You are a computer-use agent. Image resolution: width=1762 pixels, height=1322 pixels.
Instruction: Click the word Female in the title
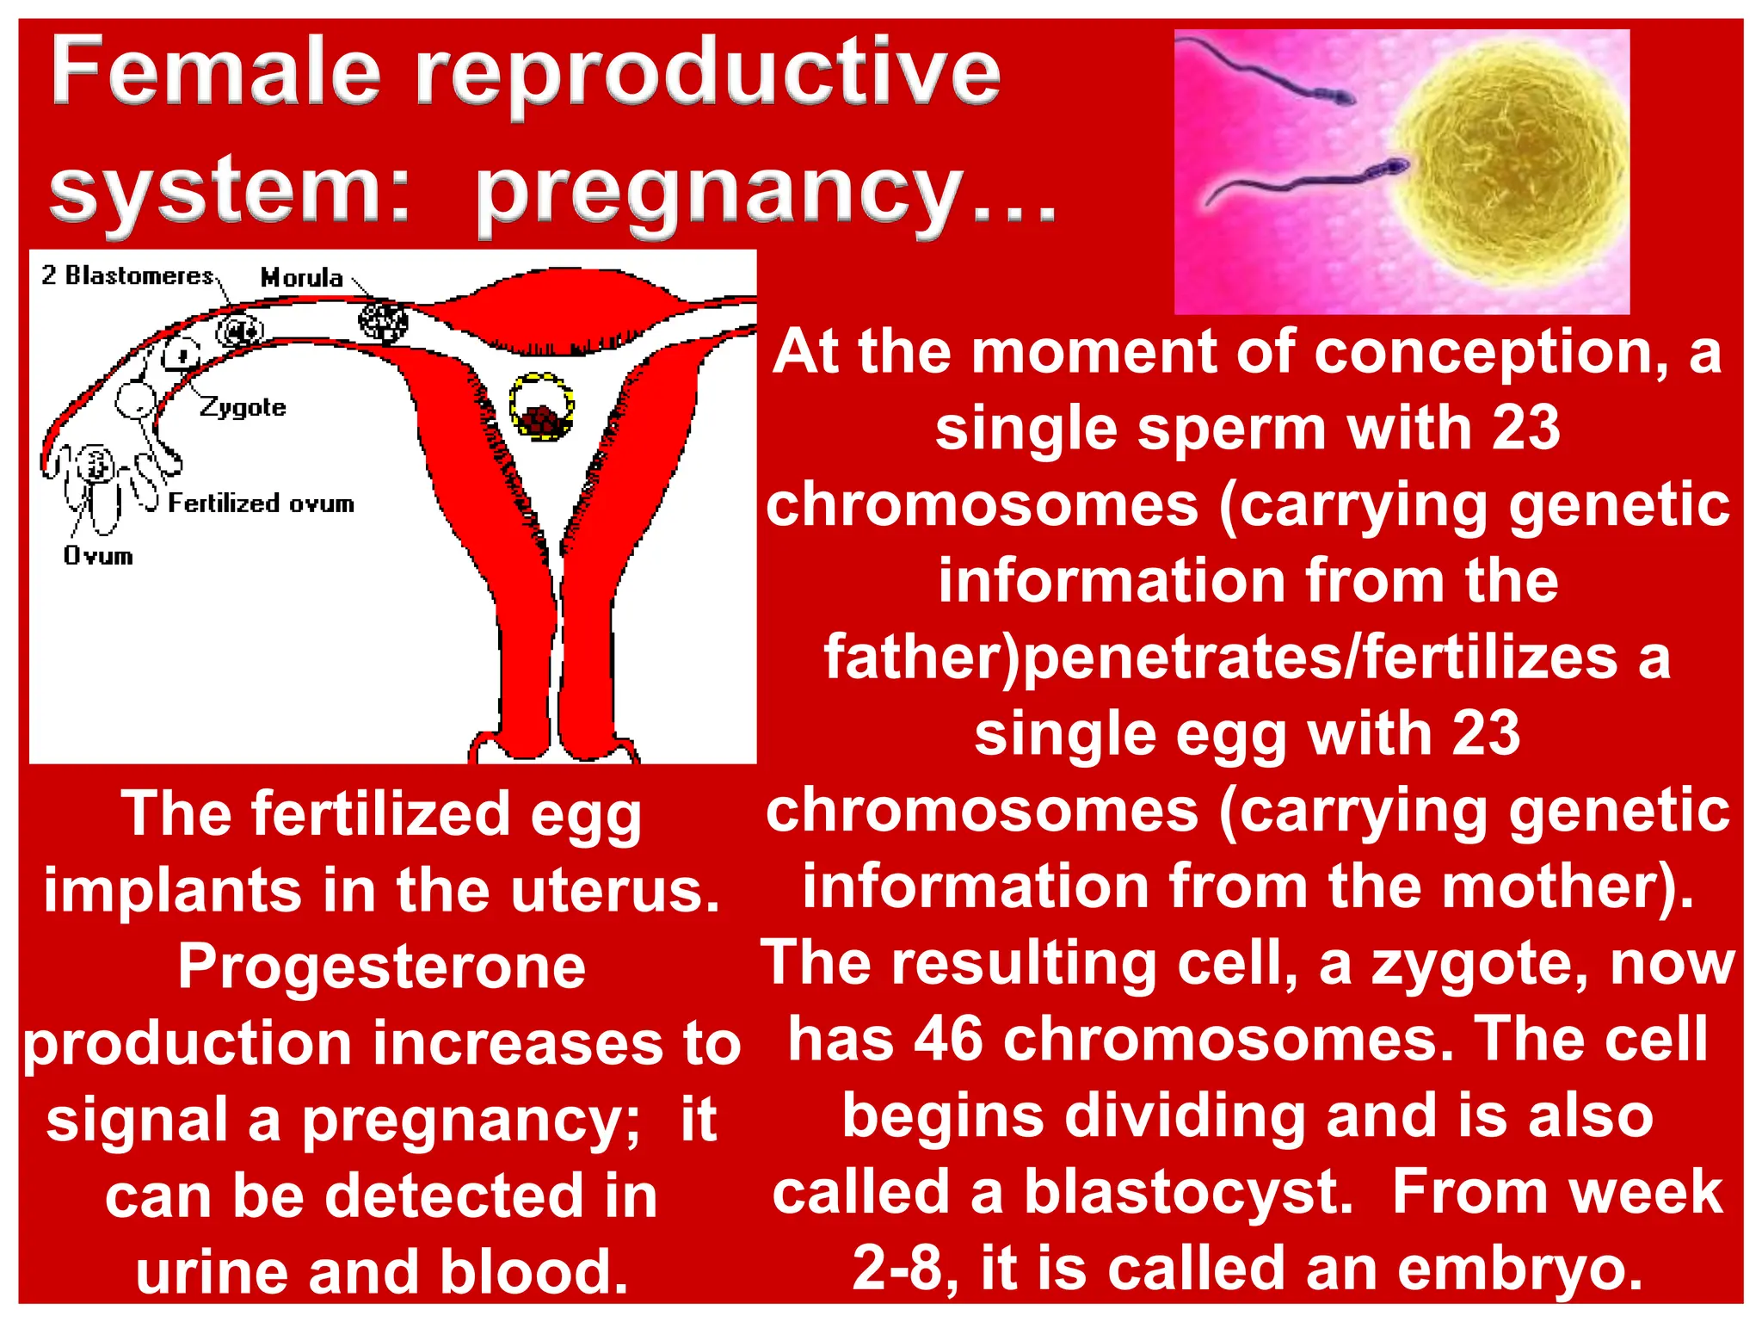pos(215,73)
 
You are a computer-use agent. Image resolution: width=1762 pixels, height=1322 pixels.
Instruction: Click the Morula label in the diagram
pos(301,278)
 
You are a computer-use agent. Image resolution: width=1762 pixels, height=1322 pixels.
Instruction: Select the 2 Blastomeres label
pos(127,275)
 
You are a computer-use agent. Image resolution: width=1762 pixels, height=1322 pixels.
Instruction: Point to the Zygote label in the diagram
pos(243,407)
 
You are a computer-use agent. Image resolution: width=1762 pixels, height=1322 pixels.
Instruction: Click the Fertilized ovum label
pos(261,503)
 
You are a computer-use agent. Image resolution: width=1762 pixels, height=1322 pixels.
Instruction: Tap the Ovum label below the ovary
pos(98,556)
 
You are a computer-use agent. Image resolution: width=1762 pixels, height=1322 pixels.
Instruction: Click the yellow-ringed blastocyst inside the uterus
pos(541,407)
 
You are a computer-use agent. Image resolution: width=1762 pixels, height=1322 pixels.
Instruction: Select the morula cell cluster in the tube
pos(383,321)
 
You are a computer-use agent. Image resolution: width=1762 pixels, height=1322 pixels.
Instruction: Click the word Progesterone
pos(382,967)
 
